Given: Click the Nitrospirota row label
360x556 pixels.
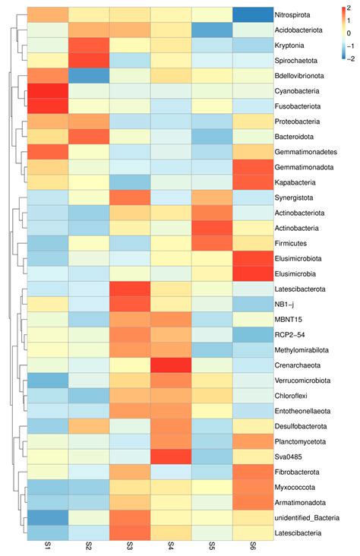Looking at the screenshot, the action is (x=292, y=15).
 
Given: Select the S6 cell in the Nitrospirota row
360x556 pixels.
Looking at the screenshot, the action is (x=253, y=15).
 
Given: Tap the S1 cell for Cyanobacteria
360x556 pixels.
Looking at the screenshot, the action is (x=48, y=91).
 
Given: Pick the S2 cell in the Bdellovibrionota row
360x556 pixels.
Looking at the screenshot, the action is (x=89, y=76).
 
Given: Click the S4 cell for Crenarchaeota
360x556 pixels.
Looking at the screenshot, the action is (x=171, y=365).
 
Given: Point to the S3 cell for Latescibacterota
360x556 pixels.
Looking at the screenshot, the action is (x=130, y=289).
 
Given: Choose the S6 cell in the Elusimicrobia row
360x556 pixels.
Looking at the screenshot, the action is (x=253, y=273).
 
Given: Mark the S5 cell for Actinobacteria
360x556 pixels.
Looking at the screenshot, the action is (x=212, y=228).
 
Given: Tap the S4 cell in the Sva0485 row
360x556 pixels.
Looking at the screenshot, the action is (x=171, y=456).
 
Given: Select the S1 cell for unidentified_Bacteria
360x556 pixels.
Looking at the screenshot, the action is (x=48, y=518).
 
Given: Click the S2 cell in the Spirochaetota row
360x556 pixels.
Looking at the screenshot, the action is (x=89, y=61).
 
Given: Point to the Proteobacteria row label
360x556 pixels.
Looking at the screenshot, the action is (x=297, y=122).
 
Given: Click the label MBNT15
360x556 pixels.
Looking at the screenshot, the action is (x=289, y=320).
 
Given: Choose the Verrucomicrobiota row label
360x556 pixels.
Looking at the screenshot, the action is (x=302, y=381).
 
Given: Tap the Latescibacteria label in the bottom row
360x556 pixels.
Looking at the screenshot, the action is (x=298, y=533).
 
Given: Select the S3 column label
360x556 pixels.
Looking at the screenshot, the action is (x=130, y=545).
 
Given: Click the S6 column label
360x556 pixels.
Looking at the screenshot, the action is (x=253, y=545).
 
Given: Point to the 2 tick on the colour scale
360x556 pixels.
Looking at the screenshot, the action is (x=349, y=8).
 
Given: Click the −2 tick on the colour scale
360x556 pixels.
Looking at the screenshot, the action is (x=350, y=58).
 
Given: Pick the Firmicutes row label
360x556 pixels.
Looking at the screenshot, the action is (x=290, y=243).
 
